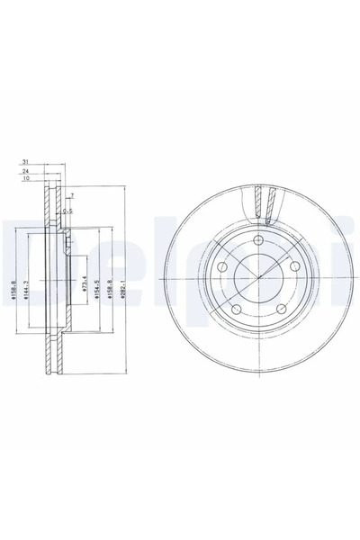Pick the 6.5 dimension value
coord(67,211)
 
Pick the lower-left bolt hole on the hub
coord(236,310)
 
